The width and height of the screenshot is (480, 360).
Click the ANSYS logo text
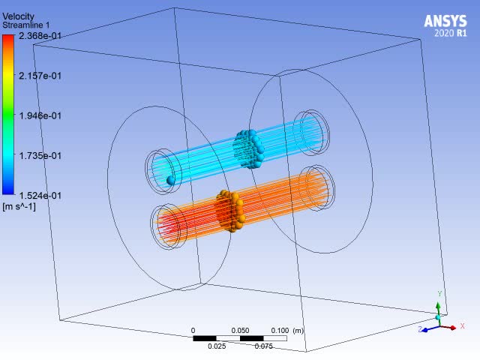(445, 20)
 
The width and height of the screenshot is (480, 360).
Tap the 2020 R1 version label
(450, 34)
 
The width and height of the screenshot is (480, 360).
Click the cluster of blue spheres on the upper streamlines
(248, 148)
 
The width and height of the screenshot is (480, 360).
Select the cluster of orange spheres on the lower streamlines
(231, 210)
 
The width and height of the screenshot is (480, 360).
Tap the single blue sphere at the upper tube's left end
(171, 180)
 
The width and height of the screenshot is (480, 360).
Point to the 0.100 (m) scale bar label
(288, 331)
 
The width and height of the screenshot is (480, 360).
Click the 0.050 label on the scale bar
(241, 331)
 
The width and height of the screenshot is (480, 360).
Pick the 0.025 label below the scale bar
(217, 346)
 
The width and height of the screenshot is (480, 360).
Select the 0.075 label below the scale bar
(263, 346)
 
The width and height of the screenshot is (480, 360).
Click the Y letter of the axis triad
(440, 294)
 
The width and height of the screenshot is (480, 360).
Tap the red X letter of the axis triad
(462, 326)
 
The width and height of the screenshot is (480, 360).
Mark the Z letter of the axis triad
(421, 328)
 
